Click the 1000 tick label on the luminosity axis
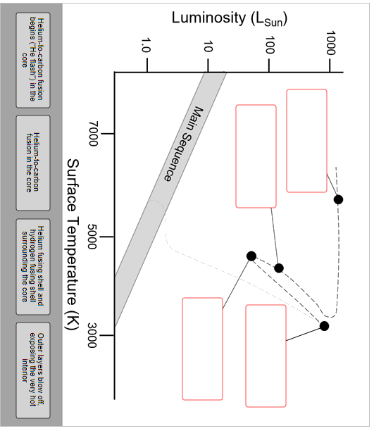click(330, 43)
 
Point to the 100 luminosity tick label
click(270, 44)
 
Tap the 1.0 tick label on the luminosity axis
click(146, 46)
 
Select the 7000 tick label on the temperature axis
click(93, 134)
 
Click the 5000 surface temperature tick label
click(92, 237)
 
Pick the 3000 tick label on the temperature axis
click(92, 335)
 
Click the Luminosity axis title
click(230, 18)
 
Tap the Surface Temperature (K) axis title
click(73, 244)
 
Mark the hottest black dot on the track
click(338, 200)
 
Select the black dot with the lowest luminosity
click(251, 256)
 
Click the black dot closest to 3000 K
click(324, 326)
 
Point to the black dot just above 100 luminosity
click(279, 268)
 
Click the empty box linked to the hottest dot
click(306, 141)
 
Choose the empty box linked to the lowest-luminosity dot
click(202, 349)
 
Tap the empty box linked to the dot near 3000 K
click(266, 356)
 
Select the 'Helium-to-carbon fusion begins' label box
click(33, 60)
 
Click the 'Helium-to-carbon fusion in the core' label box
click(33, 163)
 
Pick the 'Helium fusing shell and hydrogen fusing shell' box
click(33, 267)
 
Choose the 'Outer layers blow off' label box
click(33, 370)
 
